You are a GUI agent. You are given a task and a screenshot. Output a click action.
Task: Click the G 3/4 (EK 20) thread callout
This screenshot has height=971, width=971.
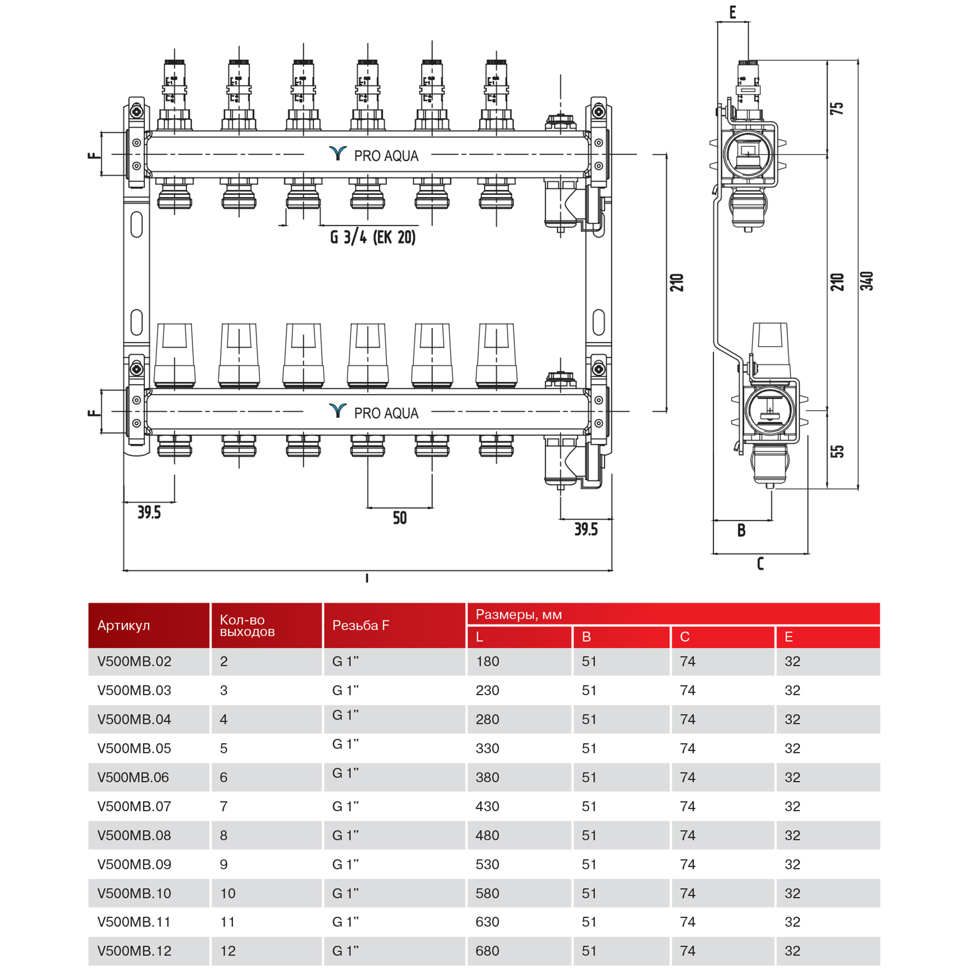tap(372, 237)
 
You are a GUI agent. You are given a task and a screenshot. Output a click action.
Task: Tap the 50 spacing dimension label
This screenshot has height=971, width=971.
tap(400, 518)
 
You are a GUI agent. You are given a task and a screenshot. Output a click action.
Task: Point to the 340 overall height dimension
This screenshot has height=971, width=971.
tap(867, 281)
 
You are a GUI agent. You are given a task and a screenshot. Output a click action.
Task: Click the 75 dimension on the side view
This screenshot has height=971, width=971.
tap(837, 108)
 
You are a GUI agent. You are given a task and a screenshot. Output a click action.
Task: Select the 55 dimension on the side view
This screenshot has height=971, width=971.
tap(837, 451)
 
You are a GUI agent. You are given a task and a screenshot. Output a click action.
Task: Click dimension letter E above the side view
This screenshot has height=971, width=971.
tap(732, 12)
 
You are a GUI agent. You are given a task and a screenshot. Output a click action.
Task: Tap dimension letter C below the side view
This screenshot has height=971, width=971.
tap(760, 563)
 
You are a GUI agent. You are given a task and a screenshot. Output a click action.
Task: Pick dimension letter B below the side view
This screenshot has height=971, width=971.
tap(741, 530)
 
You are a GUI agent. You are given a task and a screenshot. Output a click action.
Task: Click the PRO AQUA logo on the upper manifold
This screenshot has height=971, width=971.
tap(374, 155)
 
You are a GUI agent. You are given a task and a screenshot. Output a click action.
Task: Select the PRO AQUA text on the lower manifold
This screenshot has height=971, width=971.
tap(386, 413)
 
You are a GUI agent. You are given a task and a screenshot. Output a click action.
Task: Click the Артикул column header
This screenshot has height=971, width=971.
tap(124, 625)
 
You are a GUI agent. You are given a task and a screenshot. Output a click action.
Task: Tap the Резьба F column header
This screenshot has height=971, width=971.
tap(360, 625)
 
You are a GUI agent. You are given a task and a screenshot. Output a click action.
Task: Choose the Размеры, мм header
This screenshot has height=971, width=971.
tap(518, 614)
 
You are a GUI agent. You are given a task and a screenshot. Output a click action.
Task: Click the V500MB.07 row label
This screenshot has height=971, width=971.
tap(134, 806)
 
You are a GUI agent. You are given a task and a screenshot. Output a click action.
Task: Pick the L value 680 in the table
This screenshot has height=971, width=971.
tap(487, 951)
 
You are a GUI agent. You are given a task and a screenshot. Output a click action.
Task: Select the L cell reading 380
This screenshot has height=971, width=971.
tap(487, 777)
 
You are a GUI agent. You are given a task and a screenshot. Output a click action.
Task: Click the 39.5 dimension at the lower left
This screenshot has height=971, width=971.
tap(149, 513)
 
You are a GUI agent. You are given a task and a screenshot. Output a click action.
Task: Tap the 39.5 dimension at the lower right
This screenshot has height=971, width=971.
tap(586, 529)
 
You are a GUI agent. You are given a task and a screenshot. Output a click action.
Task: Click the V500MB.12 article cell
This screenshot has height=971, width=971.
tap(134, 951)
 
